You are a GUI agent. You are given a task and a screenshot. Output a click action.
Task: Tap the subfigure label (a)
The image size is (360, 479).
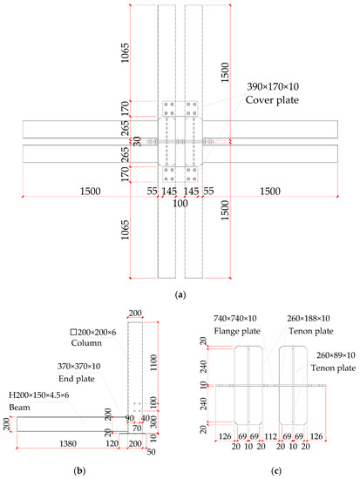point(180,296)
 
